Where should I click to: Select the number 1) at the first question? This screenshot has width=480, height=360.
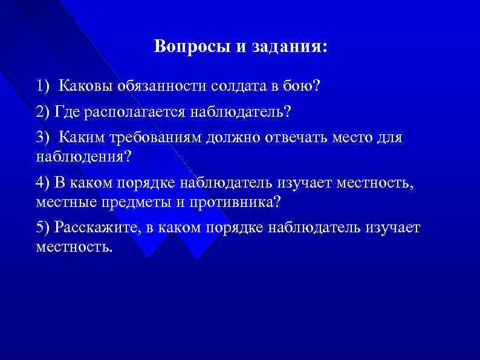(x=44, y=86)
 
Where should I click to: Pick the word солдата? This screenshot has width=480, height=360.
(x=238, y=86)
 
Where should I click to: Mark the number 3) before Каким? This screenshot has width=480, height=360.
(x=44, y=138)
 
